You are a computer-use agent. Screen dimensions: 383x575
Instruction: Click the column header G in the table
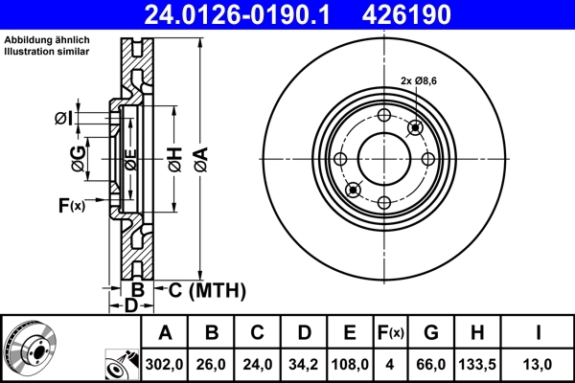click(430, 333)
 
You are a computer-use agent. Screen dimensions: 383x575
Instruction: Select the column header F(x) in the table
click(390, 333)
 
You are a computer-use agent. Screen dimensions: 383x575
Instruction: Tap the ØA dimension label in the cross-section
click(200, 157)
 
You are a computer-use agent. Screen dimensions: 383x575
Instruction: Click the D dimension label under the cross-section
click(130, 305)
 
